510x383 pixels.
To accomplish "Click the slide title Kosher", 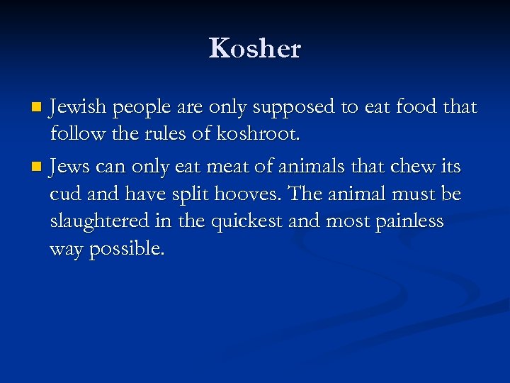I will coord(255,49).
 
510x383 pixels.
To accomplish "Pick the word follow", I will coord(76,134).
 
